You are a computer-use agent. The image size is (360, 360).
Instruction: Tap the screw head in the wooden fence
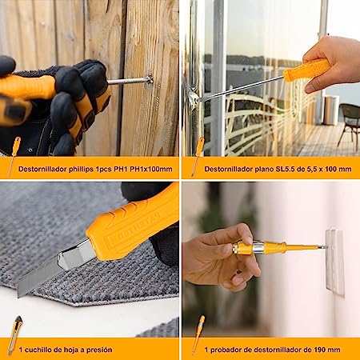149,78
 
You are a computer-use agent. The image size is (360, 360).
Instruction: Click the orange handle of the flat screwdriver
307,70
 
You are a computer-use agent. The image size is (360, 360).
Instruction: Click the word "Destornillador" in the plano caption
231,169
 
